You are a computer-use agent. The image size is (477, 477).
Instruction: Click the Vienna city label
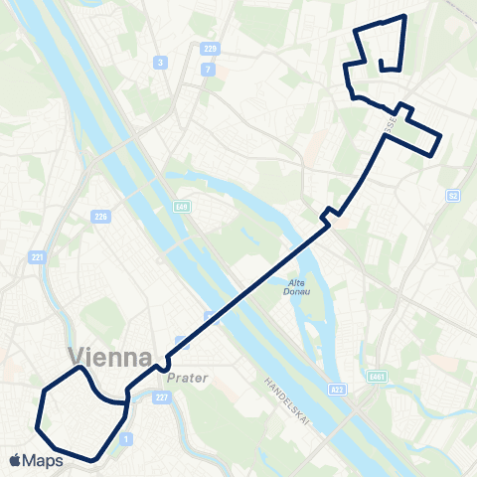click(x=110, y=357)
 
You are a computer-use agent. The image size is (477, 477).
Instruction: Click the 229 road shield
click(x=209, y=49)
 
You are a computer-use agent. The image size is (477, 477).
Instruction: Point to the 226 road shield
click(x=100, y=216)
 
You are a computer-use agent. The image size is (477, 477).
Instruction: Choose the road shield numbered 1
click(x=124, y=438)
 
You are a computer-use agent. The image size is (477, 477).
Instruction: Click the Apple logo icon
click(x=16, y=460)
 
